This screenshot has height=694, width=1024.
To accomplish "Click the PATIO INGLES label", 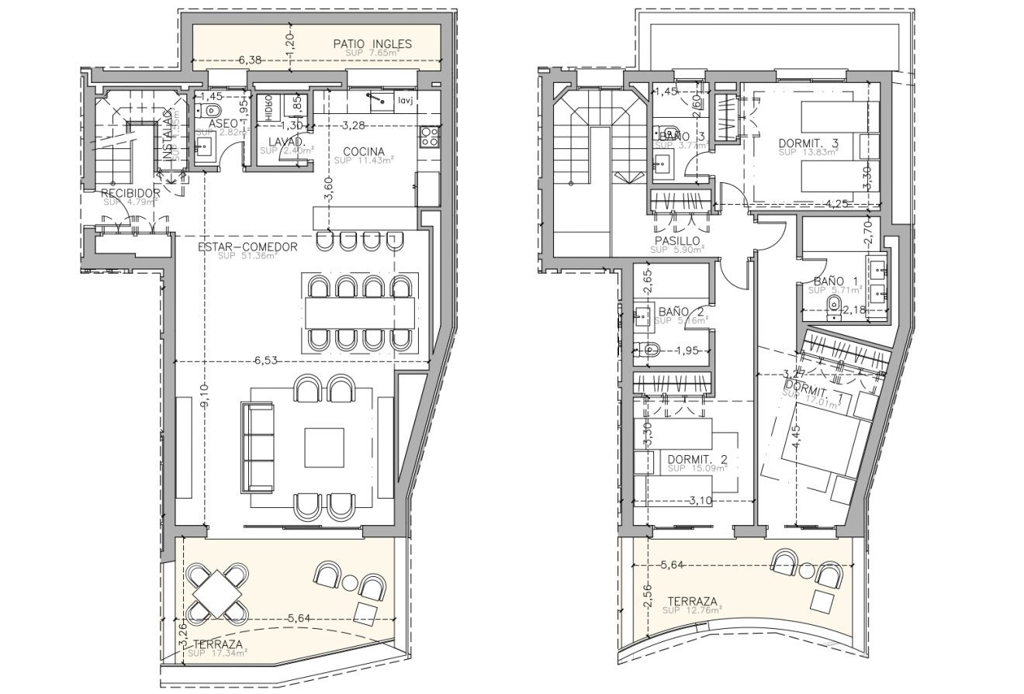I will click(372, 43).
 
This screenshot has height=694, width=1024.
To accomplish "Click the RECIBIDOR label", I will click(130, 193).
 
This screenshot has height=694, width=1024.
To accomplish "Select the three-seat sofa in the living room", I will click(258, 446).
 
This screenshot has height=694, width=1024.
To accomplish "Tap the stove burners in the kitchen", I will click(429, 137).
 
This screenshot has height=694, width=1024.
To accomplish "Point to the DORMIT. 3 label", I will click(808, 143).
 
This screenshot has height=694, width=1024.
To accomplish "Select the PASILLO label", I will click(676, 241).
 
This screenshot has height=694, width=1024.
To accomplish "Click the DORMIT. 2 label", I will click(697, 458).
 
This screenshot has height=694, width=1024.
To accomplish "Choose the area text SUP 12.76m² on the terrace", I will click(693, 610).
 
